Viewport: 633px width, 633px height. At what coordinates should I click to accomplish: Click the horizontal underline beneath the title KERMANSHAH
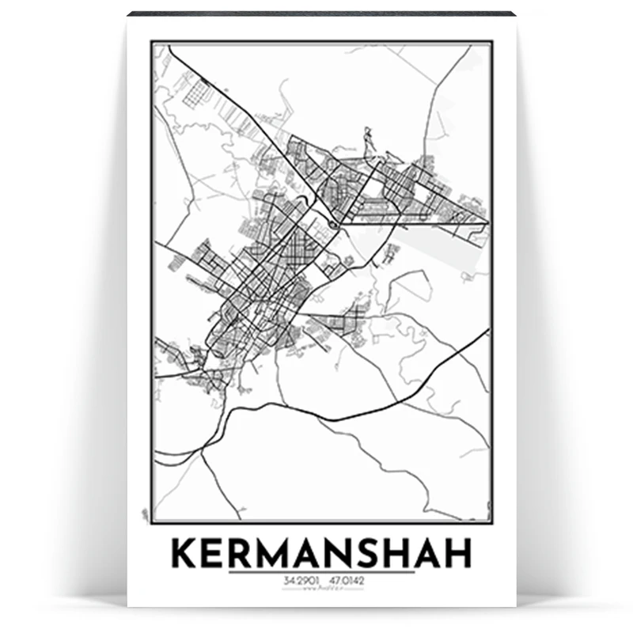click(321, 572)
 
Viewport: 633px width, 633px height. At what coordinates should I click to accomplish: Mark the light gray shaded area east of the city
click(443, 237)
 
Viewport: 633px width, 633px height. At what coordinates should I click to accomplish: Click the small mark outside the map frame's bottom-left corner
click(144, 514)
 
